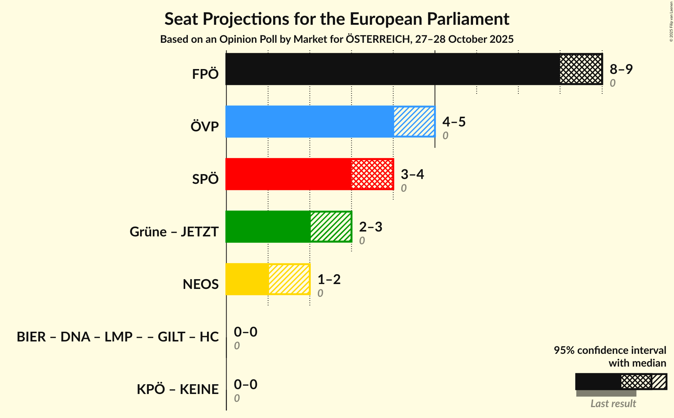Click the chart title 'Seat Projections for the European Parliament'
tap(337, 19)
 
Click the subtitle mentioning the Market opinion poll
tap(337, 39)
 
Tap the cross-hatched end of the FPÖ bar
tap(581, 69)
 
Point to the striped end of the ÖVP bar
tap(414, 122)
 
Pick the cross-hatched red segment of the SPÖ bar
tap(372, 174)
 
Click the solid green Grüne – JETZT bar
tap(268, 227)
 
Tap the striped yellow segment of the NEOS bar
tap(289, 279)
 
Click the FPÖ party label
tap(205, 74)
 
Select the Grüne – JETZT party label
tap(174, 232)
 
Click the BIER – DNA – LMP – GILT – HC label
tap(118, 337)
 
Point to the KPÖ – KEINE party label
tap(177, 389)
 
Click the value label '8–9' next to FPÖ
tap(621, 69)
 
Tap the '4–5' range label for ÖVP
tap(454, 122)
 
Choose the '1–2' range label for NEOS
tap(329, 280)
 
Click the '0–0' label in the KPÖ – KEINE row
tap(245, 385)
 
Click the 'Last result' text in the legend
tap(613, 404)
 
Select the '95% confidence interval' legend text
tap(610, 350)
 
